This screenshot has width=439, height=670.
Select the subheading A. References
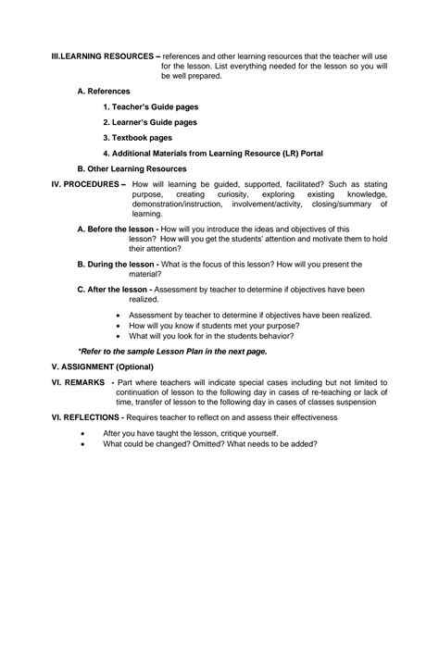pyautogui.click(x=104, y=91)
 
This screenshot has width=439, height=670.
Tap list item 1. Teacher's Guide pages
pyautogui.click(x=150, y=106)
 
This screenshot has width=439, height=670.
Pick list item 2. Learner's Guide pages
pyautogui.click(x=150, y=122)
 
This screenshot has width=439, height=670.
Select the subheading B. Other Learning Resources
pyautogui.click(x=132, y=168)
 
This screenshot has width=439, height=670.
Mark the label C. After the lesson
pyautogui.click(x=112, y=289)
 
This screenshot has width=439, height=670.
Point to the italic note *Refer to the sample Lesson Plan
pyautogui.click(x=172, y=352)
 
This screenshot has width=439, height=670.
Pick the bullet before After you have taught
pyautogui.click(x=84, y=433)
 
